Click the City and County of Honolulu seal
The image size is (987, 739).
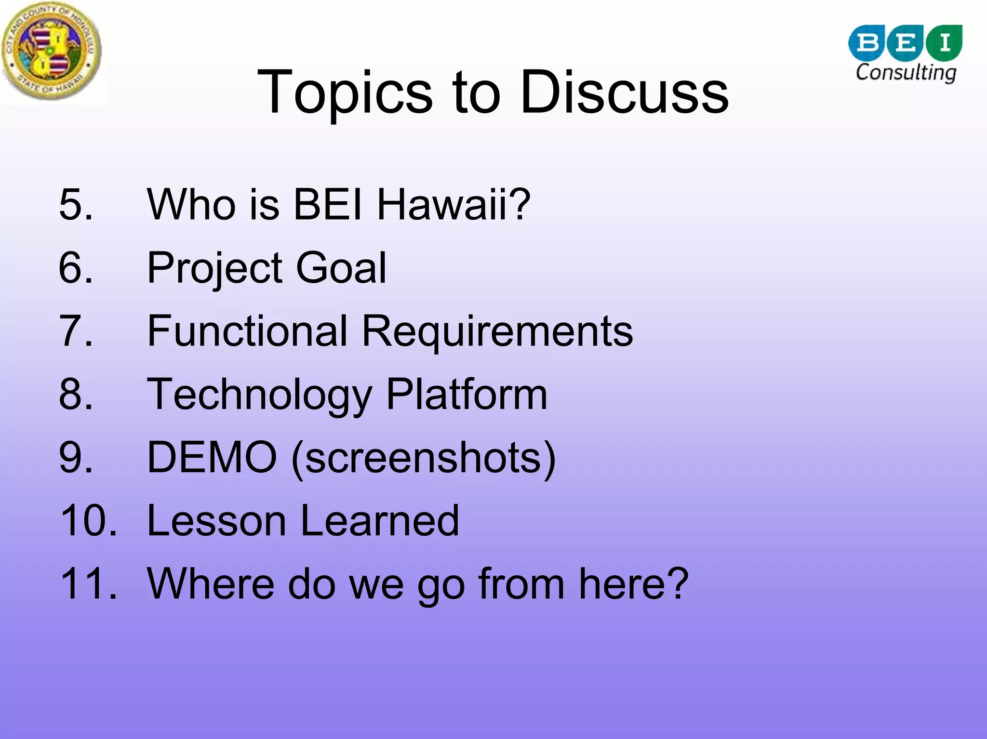(52, 51)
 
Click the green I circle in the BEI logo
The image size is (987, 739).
(945, 43)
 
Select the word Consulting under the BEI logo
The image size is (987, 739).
(906, 73)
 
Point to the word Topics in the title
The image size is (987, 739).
(345, 92)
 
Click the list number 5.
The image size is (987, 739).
(76, 204)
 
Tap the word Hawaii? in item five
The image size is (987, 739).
(453, 204)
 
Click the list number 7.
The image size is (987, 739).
(76, 331)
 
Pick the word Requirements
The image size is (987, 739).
(497, 332)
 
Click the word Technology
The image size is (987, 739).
(260, 395)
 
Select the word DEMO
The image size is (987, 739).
(212, 457)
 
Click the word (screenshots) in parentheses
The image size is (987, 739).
(424, 458)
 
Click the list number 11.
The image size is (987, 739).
(89, 583)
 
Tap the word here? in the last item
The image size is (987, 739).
(633, 583)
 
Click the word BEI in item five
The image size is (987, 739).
(328, 204)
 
